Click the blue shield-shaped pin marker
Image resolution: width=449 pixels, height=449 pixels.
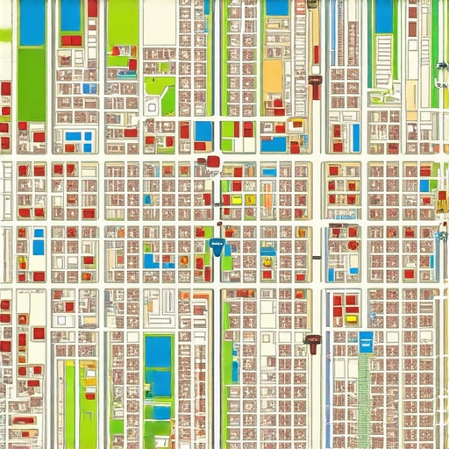pos(217,247)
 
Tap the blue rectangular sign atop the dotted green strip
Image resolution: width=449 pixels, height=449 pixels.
pos(366,340)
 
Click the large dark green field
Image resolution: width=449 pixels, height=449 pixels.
pos(32,83)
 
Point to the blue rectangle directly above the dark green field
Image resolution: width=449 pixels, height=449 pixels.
pos(32,24)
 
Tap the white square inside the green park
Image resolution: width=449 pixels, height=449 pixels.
pos(152,106)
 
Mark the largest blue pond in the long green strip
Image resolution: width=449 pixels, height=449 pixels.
pos(159,353)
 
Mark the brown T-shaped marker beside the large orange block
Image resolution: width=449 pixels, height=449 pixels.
pos(315,85)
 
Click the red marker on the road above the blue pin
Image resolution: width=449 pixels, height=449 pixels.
pos(213,161)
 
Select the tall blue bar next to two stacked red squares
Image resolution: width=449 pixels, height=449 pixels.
pos(356,137)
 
